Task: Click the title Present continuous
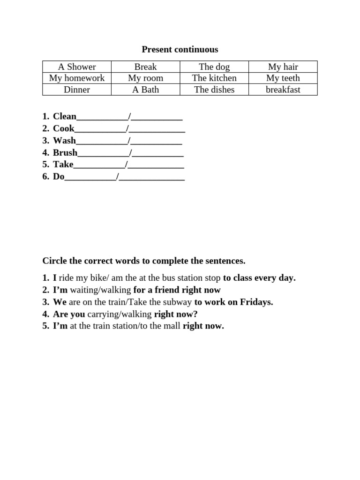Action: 180,49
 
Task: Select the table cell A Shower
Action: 77,67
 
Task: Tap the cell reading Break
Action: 145,67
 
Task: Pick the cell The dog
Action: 214,67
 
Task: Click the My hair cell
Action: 283,67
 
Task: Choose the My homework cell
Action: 77,78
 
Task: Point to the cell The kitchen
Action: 214,78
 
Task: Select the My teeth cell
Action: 283,78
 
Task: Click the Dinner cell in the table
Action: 77,90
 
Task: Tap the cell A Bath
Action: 145,90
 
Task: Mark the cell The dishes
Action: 214,90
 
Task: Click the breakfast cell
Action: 283,90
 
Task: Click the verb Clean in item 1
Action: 65,116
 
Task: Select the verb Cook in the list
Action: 64,128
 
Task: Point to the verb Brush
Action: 65,152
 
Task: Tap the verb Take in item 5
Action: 63,164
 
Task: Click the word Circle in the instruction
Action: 54,261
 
